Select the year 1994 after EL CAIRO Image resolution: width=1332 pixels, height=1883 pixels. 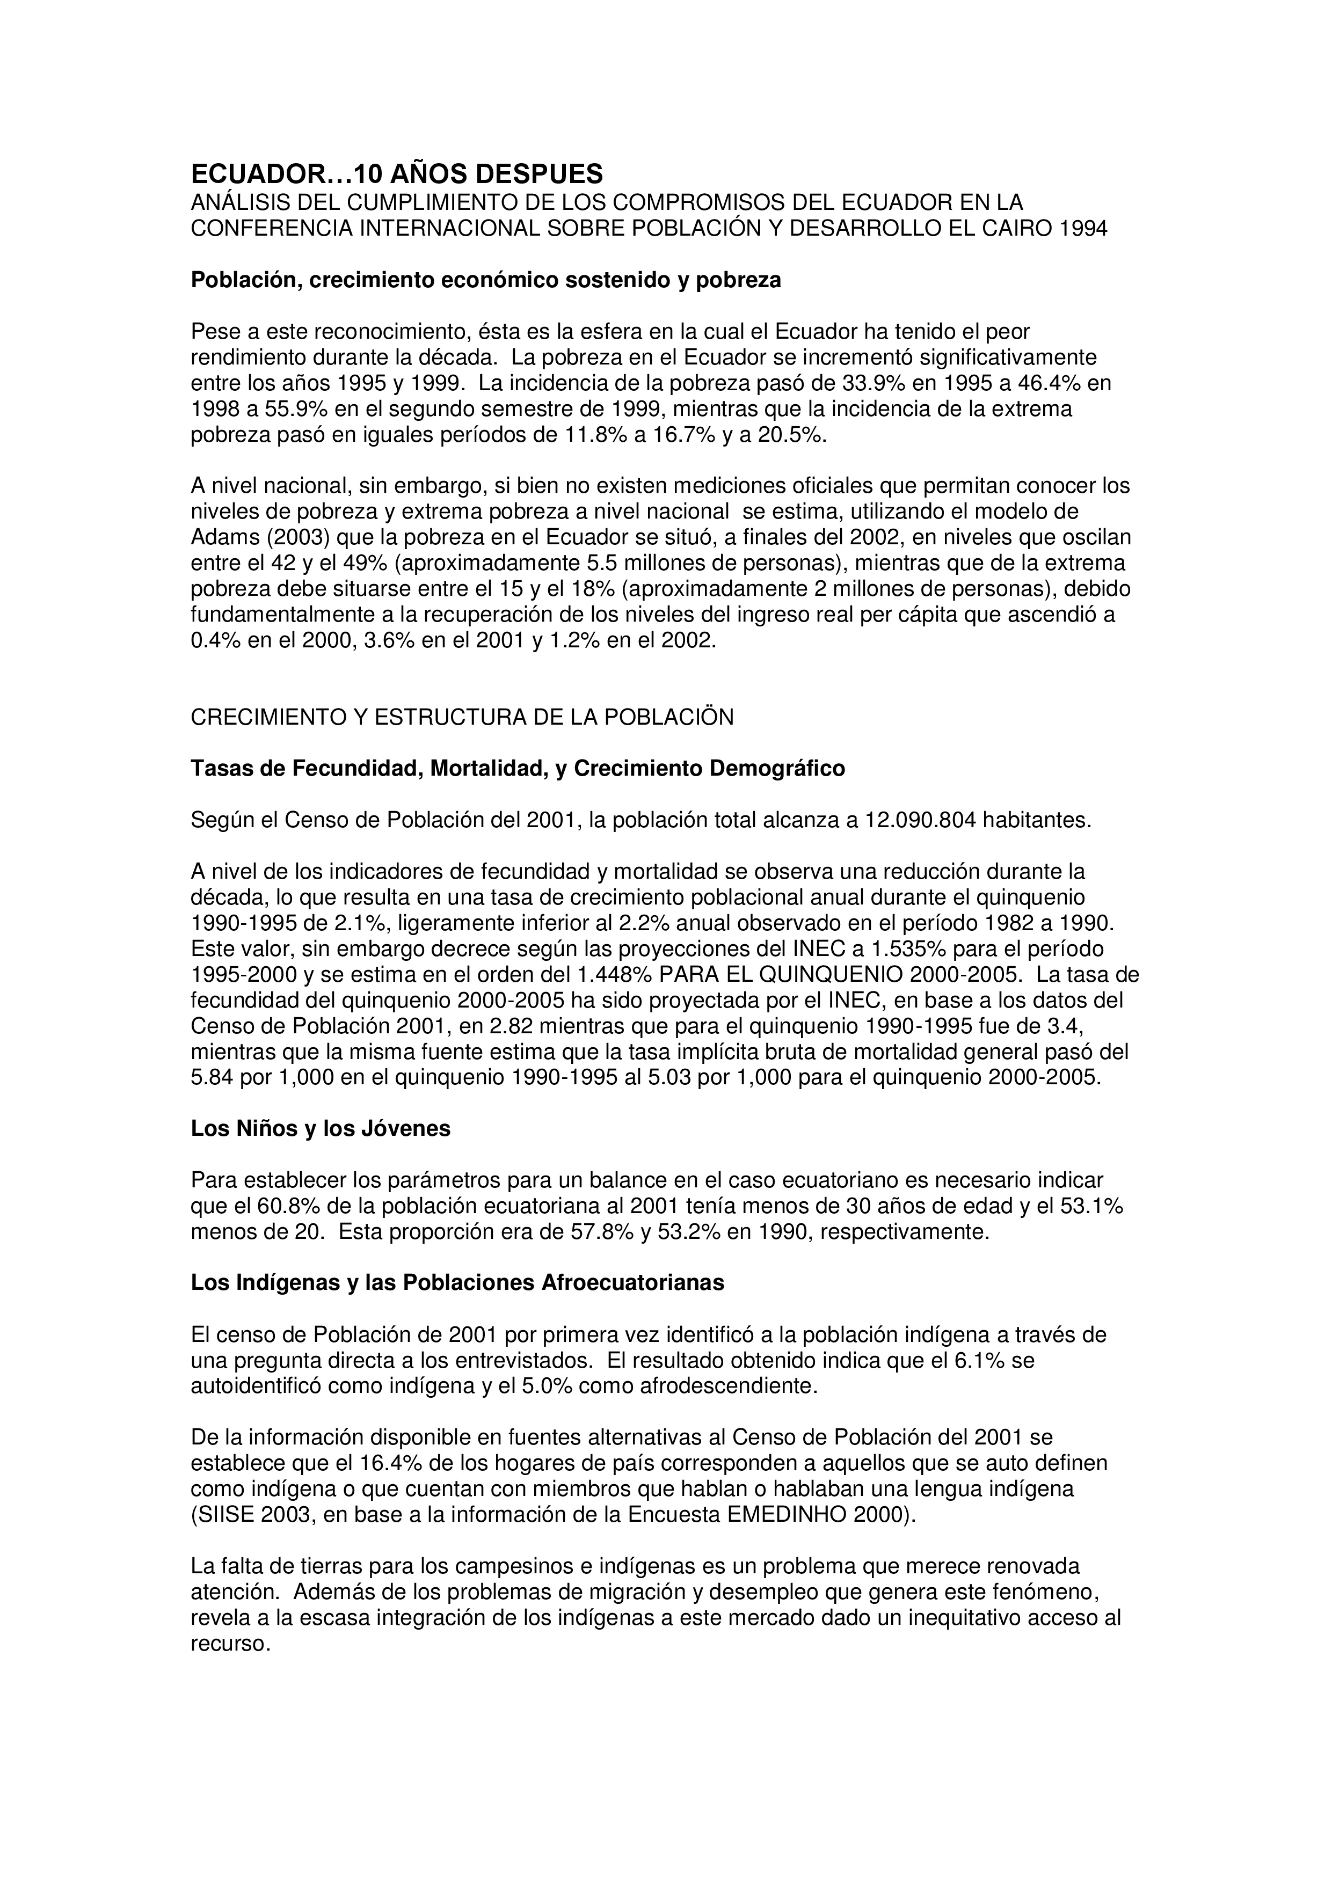pos(1083,228)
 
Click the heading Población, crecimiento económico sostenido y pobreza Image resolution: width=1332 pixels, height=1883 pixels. pos(485,281)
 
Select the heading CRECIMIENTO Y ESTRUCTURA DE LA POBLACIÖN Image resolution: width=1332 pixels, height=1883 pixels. pos(462,718)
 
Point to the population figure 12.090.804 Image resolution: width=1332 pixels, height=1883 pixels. pos(921,821)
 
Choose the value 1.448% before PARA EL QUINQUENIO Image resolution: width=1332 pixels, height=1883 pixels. pos(612,975)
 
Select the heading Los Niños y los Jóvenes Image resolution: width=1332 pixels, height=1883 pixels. pos(321,1129)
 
